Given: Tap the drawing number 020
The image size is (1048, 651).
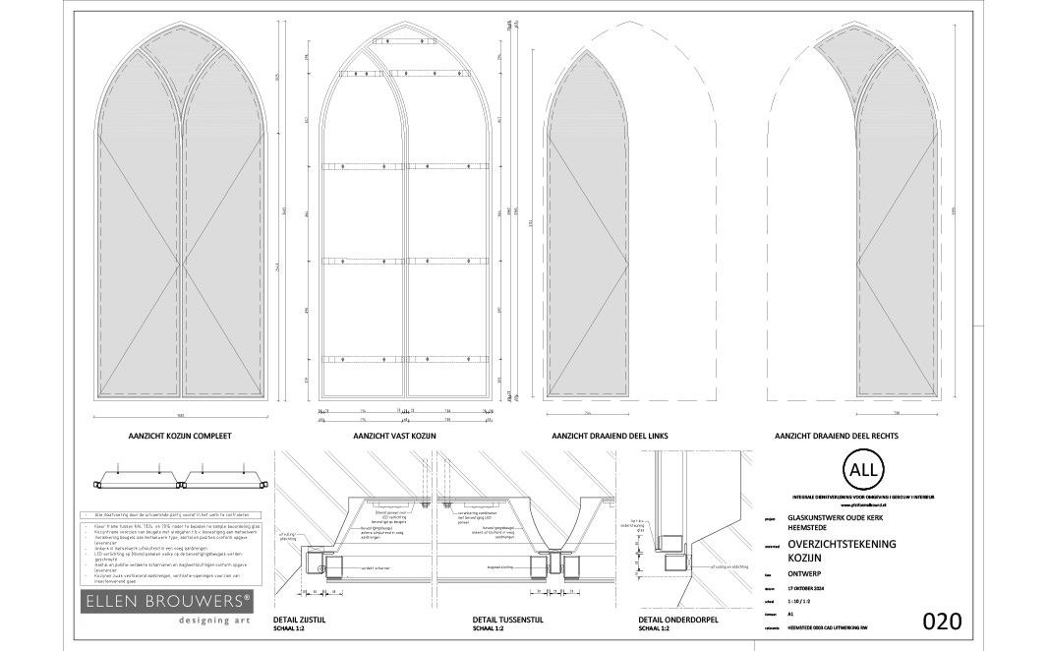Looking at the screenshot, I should pyautogui.click(x=941, y=621).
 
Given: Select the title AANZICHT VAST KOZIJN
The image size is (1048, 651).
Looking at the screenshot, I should pyautogui.click(x=395, y=435).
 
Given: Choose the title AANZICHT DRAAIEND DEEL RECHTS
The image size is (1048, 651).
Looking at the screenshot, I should pyautogui.click(x=837, y=435).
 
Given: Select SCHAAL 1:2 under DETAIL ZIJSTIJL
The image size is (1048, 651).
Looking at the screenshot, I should pyautogui.click(x=293, y=628).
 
